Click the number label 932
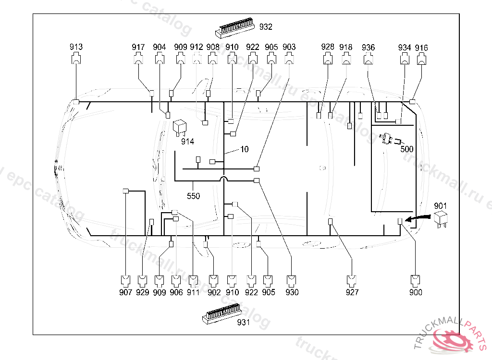click(266, 27)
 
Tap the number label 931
click(244, 323)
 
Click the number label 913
click(76, 47)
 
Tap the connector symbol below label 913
click(76, 60)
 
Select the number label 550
click(193, 196)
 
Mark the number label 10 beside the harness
click(245, 149)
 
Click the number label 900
click(416, 292)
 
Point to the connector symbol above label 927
click(352, 279)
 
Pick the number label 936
click(368, 48)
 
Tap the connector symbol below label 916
click(421, 60)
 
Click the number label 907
click(125, 292)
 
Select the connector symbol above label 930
click(292, 279)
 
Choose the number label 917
click(138, 47)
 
